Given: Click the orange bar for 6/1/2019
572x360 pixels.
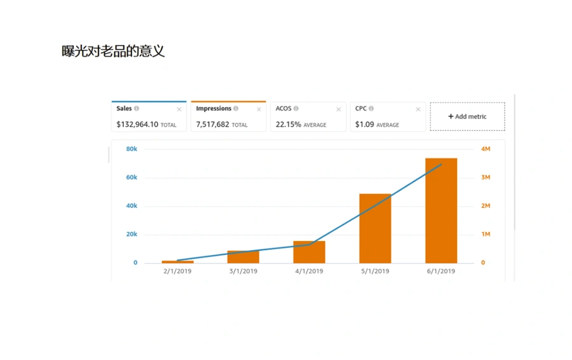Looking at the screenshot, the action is pyautogui.click(x=441, y=211).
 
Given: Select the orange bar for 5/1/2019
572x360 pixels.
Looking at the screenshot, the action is pyautogui.click(x=375, y=228).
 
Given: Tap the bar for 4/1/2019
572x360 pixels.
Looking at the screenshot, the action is pyautogui.click(x=309, y=252).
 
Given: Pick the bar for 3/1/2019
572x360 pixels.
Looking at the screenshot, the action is pyautogui.click(x=243, y=257).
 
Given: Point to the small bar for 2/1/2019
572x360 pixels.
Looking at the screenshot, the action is pyautogui.click(x=178, y=262).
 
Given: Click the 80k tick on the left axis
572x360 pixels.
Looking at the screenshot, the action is pyautogui.click(x=132, y=149).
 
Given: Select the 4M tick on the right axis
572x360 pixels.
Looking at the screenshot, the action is pyautogui.click(x=486, y=149).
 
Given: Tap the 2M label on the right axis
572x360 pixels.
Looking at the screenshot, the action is pyautogui.click(x=486, y=206).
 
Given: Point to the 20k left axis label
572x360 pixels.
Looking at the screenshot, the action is pyautogui.click(x=132, y=235).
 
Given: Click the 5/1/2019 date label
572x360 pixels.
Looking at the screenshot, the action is pyautogui.click(x=375, y=272).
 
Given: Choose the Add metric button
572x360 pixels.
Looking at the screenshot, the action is pyautogui.click(x=467, y=116).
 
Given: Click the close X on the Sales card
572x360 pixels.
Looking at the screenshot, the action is pyautogui.click(x=179, y=109).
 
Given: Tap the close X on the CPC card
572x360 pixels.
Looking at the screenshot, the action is pyautogui.click(x=418, y=109).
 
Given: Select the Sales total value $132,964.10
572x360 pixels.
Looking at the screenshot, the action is pyautogui.click(x=137, y=125).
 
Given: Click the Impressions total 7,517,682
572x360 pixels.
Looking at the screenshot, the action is pyautogui.click(x=213, y=125).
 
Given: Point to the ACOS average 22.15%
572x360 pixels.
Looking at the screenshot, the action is pyautogui.click(x=288, y=125).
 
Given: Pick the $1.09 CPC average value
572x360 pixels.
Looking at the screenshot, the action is pyautogui.click(x=364, y=125).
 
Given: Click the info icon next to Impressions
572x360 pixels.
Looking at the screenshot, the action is pyautogui.click(x=236, y=108).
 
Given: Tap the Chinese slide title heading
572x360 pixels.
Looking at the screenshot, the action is pyautogui.click(x=113, y=51).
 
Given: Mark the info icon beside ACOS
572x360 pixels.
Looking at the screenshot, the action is pyautogui.click(x=296, y=108).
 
